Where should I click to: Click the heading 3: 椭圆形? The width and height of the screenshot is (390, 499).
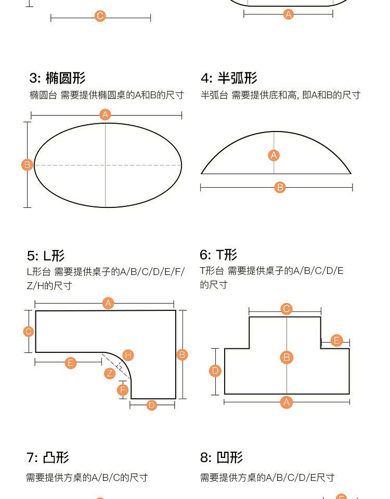[x=57, y=78]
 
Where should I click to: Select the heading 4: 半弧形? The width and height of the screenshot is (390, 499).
[x=229, y=78]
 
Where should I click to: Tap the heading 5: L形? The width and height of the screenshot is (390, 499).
[x=46, y=256]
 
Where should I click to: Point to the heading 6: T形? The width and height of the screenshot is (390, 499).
[x=218, y=255]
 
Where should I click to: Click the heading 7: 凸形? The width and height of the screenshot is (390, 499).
[x=48, y=458]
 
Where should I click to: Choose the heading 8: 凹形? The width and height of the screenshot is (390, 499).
[x=222, y=458]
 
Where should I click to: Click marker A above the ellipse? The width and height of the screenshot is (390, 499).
[x=106, y=114]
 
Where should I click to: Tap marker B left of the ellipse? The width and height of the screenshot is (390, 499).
[x=27, y=165]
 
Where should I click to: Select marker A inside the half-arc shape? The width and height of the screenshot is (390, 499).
[x=274, y=155]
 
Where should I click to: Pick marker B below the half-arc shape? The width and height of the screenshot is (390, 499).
[x=280, y=187]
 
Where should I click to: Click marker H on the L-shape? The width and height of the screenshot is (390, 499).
[x=128, y=355]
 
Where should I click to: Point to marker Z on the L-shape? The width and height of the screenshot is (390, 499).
[x=109, y=373]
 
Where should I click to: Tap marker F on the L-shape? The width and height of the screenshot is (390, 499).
[x=123, y=390]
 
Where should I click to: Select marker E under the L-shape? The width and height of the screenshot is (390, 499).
[x=71, y=363]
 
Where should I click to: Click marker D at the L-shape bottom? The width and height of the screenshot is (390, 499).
[x=151, y=405]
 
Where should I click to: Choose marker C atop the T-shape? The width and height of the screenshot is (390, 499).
[x=286, y=309]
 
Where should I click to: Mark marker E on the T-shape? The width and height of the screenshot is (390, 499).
[x=336, y=340]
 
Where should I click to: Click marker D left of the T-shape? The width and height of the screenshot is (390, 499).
[x=215, y=371]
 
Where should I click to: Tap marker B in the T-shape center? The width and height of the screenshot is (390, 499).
[x=287, y=358]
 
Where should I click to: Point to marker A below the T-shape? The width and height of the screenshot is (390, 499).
[x=287, y=402]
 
